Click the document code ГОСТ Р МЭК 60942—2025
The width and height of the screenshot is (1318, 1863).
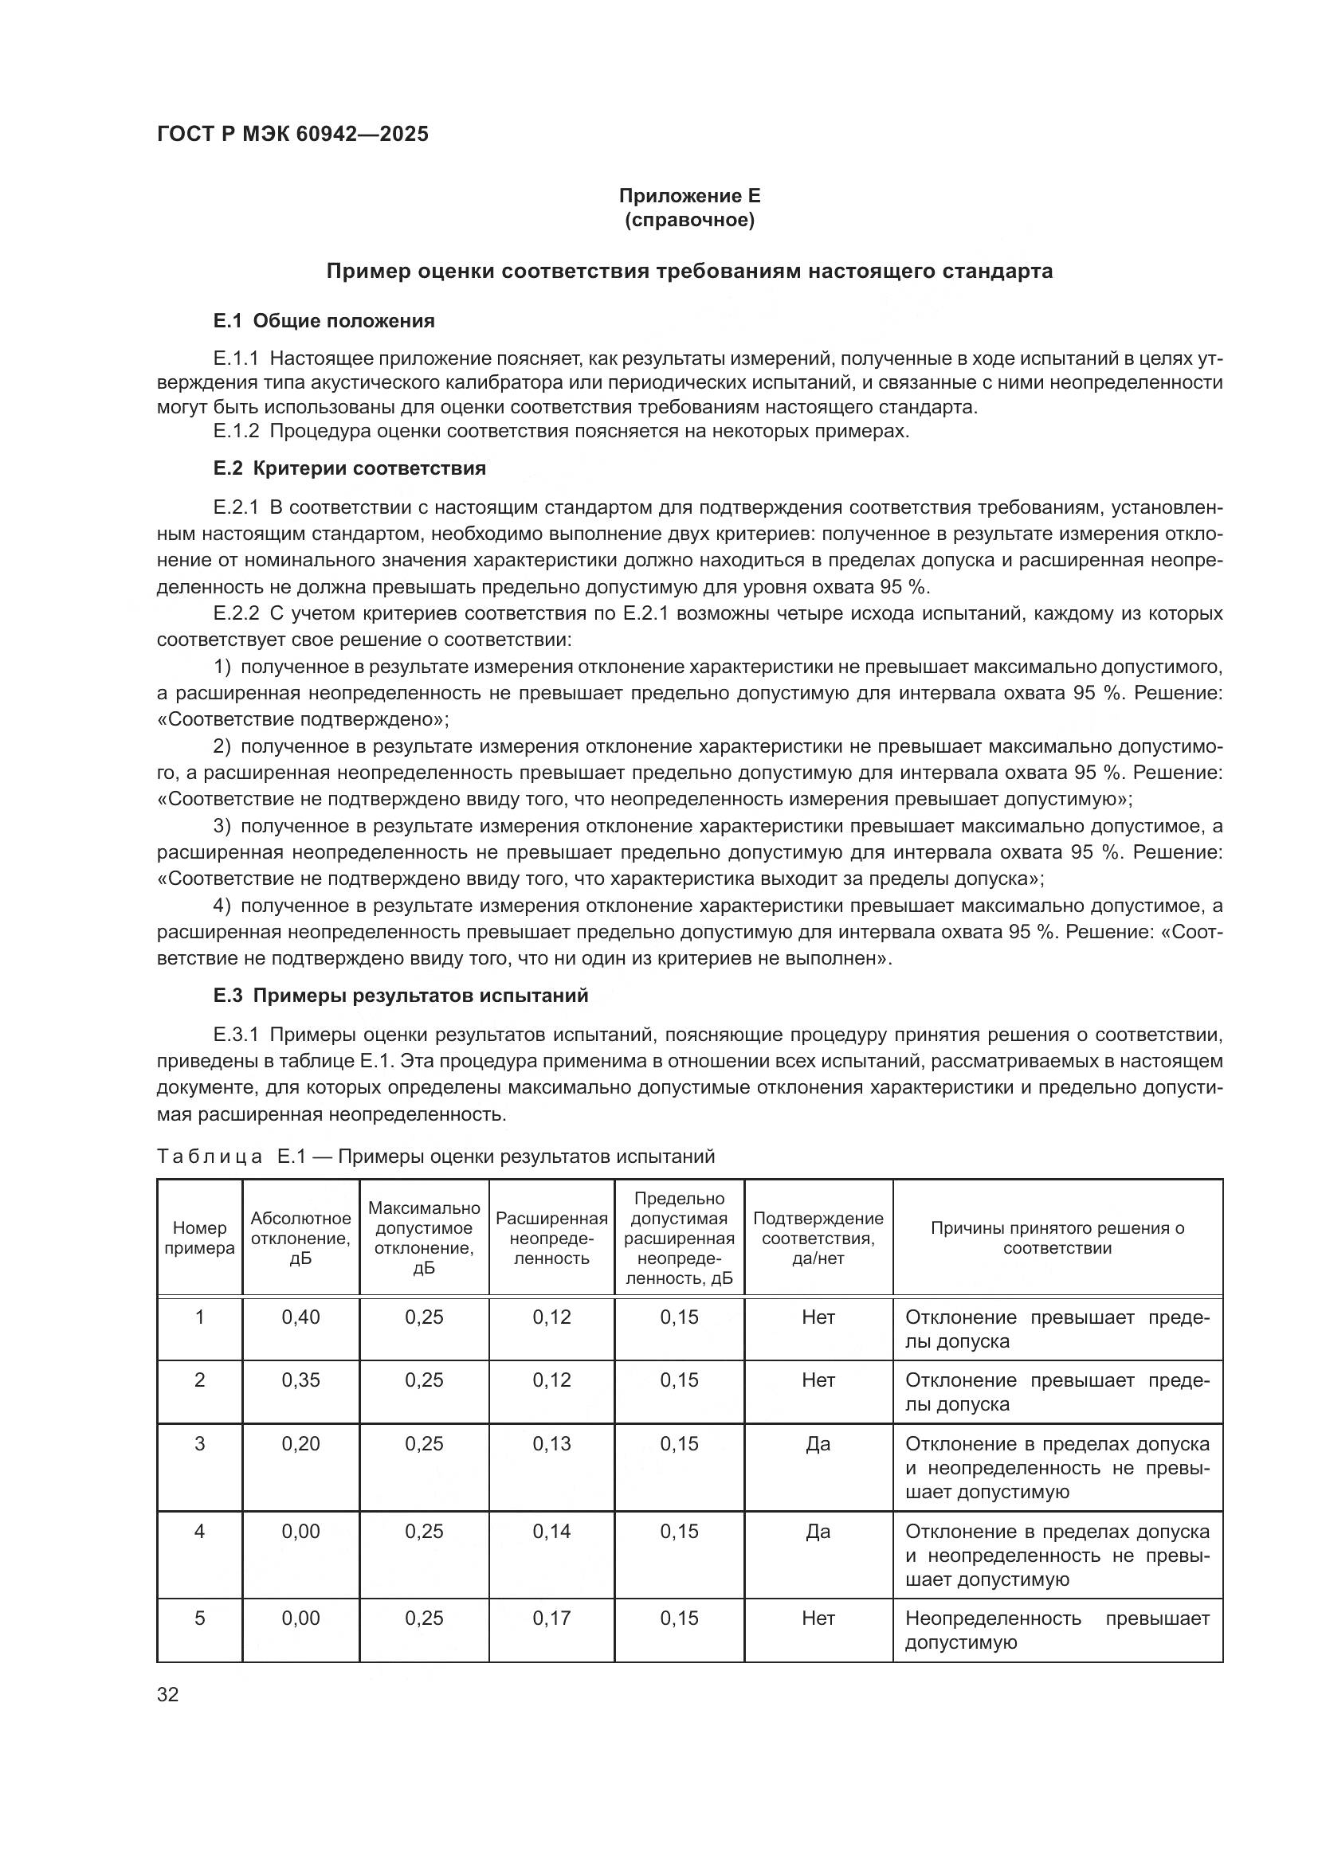tap(292, 134)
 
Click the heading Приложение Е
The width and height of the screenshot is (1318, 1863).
tap(689, 196)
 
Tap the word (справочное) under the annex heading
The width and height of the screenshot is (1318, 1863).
tap(689, 220)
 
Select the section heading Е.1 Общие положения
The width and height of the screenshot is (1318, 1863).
tap(324, 320)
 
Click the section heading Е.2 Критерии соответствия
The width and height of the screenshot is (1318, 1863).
tap(350, 468)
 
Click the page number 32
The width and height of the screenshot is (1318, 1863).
tap(168, 1694)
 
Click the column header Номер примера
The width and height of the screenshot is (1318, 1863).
tap(200, 1239)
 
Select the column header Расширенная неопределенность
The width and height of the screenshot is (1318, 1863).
tap(552, 1239)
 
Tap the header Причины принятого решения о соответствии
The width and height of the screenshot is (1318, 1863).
tap(1057, 1239)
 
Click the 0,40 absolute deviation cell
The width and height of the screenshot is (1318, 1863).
tap(301, 1317)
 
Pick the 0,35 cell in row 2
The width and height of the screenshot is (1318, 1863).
tap(301, 1380)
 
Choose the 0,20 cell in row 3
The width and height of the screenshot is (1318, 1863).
tap(301, 1443)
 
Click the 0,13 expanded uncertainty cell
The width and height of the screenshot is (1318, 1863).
tap(552, 1443)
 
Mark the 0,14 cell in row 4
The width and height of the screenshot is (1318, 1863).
tap(552, 1531)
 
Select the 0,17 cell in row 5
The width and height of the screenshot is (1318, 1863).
tap(552, 1618)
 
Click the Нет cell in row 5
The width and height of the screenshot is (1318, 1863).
tap(818, 1618)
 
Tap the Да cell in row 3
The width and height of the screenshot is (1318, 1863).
tap(818, 1443)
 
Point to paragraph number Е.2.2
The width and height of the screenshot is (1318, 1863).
tap(236, 613)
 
